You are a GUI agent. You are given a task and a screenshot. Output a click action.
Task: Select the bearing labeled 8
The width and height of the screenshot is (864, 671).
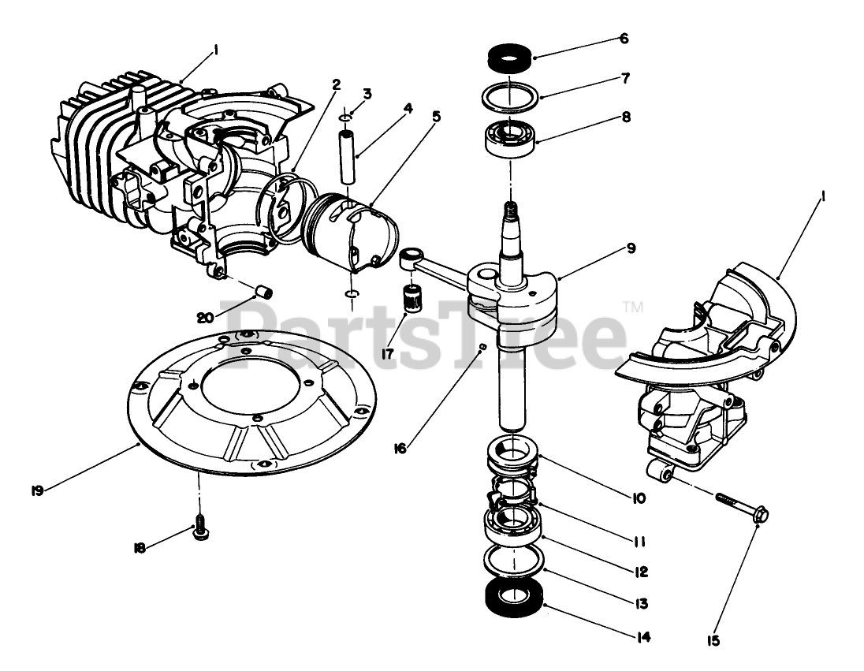(x=509, y=139)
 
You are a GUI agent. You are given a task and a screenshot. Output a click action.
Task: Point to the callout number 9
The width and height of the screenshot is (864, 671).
(x=631, y=247)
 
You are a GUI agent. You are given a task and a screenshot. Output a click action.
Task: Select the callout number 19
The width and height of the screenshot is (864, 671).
(x=37, y=490)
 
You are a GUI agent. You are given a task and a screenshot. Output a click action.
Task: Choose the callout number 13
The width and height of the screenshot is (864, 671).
(x=640, y=604)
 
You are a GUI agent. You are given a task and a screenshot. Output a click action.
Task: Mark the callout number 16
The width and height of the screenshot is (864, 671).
(x=401, y=448)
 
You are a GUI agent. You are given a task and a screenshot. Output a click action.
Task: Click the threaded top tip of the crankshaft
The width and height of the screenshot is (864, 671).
(x=509, y=211)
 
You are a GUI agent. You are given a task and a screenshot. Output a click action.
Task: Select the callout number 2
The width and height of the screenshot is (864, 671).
(x=337, y=84)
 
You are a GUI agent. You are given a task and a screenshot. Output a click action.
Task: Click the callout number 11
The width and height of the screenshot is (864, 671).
(x=639, y=542)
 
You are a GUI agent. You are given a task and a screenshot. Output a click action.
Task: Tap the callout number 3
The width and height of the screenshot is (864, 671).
(x=367, y=93)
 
